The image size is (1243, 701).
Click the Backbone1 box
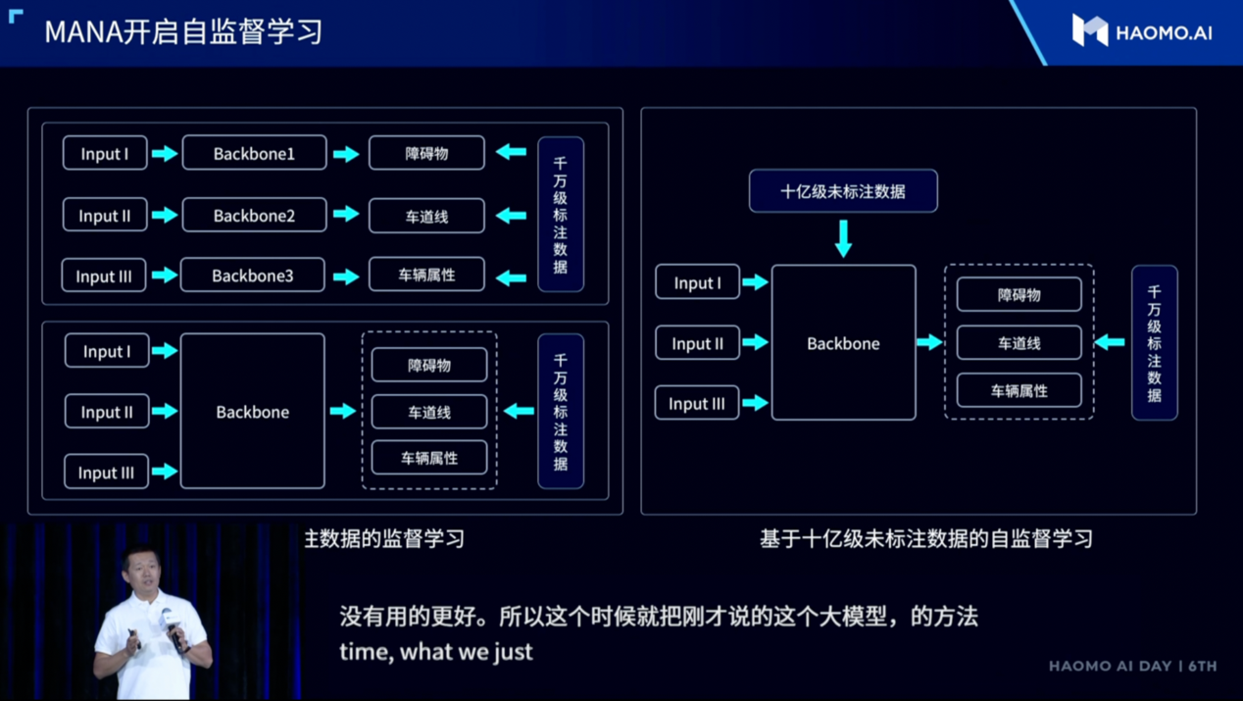[254, 153]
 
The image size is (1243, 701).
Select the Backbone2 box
[254, 215]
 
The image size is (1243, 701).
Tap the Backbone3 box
[253, 275]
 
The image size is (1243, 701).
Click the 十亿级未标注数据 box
[843, 191]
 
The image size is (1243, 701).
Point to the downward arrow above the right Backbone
[843, 238]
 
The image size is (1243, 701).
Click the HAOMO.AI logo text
[1164, 32]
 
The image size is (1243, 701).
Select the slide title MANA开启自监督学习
[183, 31]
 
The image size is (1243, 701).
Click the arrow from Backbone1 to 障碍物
[346, 154]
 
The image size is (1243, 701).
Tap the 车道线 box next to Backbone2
[426, 216]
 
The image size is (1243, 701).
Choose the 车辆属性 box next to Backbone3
[426, 275]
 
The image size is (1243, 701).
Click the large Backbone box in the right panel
[843, 342]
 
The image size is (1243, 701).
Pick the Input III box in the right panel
[696, 403]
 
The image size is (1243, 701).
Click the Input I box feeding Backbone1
[105, 153]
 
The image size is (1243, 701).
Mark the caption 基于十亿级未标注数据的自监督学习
[926, 538]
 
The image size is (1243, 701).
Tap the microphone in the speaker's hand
[171, 630]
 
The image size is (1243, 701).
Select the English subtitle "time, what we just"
[435, 652]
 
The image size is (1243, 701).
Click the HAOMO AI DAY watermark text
[1132, 666]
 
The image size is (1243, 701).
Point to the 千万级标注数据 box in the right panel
[1154, 342]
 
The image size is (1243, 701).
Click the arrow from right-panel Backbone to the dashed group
[929, 342]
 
